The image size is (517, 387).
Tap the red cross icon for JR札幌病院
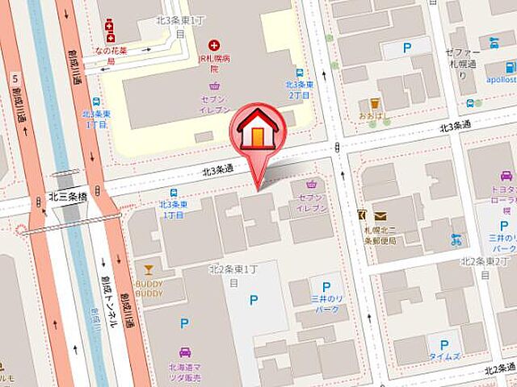click(214, 46)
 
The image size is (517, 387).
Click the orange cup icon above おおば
click(375, 103)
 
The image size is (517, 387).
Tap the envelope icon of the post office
click(380, 215)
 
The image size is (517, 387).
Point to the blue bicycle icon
click(457, 239)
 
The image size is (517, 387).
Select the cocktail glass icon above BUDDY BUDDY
click(148, 269)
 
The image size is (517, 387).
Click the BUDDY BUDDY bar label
click(149, 289)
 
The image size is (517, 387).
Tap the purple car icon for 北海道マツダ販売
click(184, 352)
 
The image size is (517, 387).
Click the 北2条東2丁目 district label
click(488, 261)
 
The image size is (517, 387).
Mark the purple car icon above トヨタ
click(506, 176)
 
